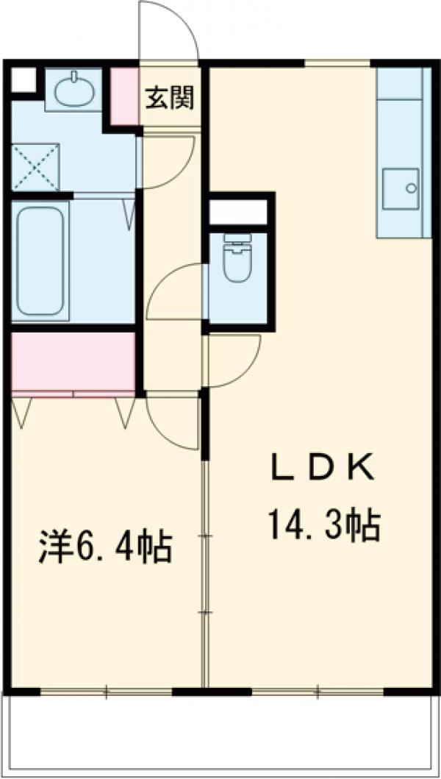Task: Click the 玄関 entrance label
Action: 169,99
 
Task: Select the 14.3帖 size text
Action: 323,524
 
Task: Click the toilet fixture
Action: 237,259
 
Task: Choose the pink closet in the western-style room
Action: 73,362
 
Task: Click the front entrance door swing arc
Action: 170,29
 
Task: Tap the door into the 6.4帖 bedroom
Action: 173,420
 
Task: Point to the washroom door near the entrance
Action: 166,160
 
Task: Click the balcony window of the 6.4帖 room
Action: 107,691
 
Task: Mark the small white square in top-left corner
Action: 21,80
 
